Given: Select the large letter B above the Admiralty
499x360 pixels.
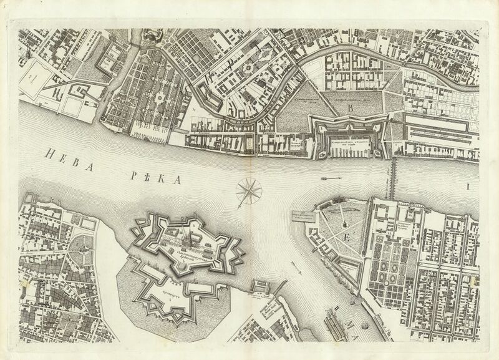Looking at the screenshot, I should click(x=351, y=107).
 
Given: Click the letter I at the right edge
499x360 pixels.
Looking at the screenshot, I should click(x=465, y=186).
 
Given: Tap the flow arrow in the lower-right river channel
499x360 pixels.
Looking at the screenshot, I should click(x=303, y=273).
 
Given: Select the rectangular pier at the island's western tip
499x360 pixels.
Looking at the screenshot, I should click(x=303, y=216).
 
